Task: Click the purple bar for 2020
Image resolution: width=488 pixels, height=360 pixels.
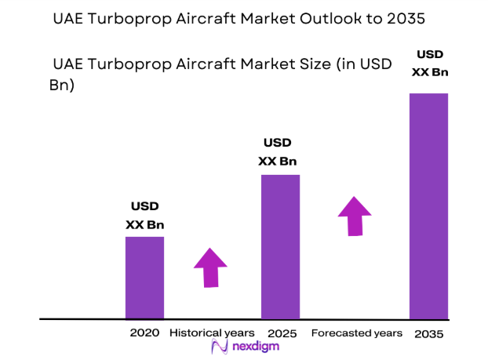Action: coord(144,278)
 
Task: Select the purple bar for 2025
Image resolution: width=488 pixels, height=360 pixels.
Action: coord(280,246)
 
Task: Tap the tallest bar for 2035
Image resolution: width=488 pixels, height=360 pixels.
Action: coord(428,205)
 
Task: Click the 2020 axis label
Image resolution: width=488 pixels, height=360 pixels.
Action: coord(144,333)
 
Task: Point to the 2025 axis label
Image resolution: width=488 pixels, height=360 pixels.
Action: coord(282,333)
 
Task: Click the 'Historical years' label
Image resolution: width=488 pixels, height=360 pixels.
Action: coord(212,333)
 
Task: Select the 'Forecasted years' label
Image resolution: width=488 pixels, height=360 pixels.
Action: coord(357,333)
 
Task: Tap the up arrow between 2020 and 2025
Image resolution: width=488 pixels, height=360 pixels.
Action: coord(209,267)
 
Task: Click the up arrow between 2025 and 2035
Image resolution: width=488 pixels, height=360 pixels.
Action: coord(355,215)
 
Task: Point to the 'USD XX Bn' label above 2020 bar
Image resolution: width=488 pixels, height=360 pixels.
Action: coord(144,216)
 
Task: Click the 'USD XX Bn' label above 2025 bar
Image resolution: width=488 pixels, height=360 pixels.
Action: coord(278,152)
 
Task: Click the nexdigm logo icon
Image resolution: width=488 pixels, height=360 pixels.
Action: coord(219,347)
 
